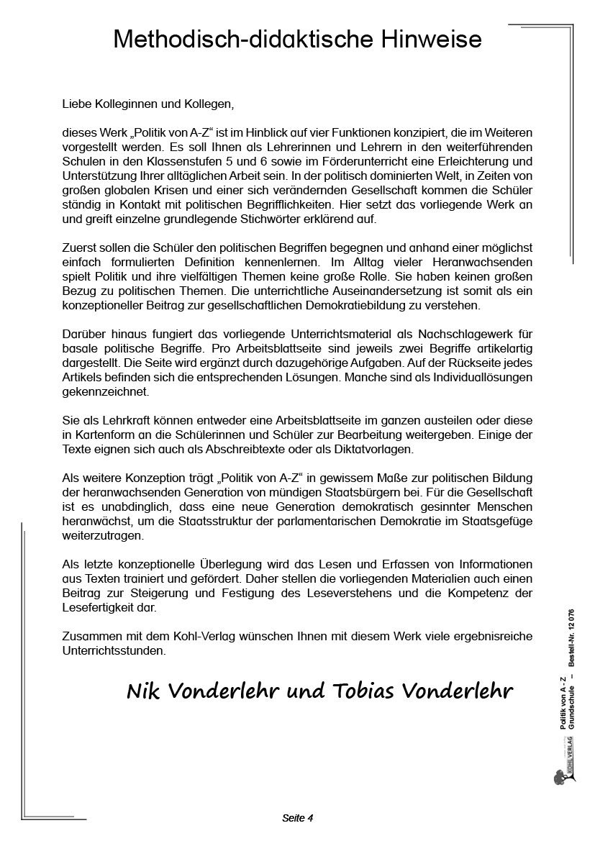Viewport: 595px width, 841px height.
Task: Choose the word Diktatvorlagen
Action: point(373,450)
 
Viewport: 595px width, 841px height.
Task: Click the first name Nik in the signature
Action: point(143,691)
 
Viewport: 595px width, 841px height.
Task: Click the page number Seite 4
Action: point(297,818)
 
